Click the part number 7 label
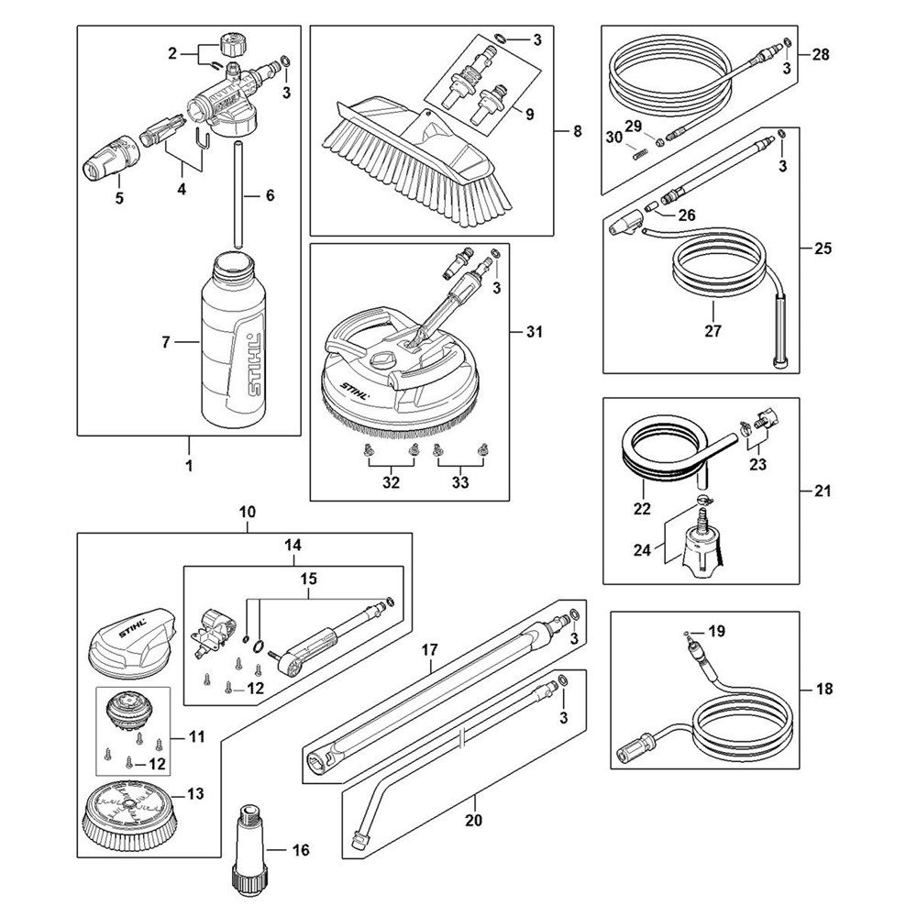[166, 342]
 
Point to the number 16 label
[301, 850]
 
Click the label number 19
[717, 631]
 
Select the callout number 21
[823, 492]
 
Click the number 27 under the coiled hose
[713, 331]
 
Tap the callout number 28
[820, 55]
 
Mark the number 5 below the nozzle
[116, 197]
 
